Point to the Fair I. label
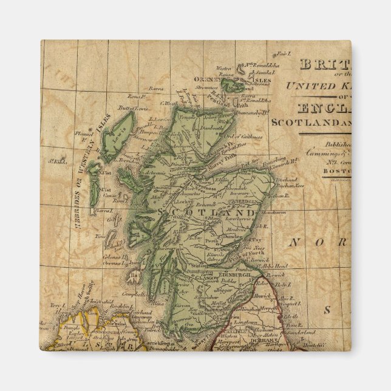point(282,53)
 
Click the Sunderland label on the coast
point(299,333)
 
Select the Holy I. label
point(279,283)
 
